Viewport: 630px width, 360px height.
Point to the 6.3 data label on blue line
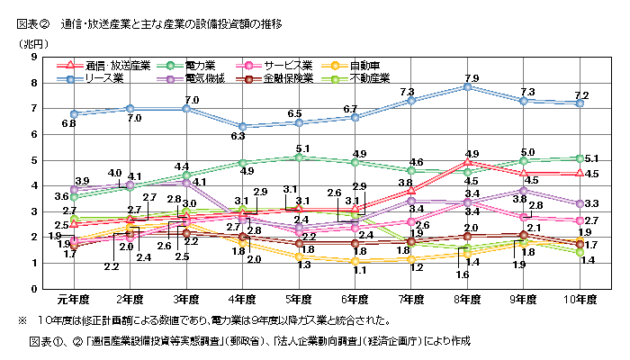(238, 137)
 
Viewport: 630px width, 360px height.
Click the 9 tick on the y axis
(33, 58)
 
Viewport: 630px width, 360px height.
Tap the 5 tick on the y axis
(33, 160)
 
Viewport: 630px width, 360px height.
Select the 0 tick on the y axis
(33, 289)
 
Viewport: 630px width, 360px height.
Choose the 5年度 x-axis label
(301, 300)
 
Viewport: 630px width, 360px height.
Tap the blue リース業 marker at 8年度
(467, 87)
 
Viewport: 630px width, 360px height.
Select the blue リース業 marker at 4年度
(242, 127)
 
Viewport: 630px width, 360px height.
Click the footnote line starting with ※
(204, 319)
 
